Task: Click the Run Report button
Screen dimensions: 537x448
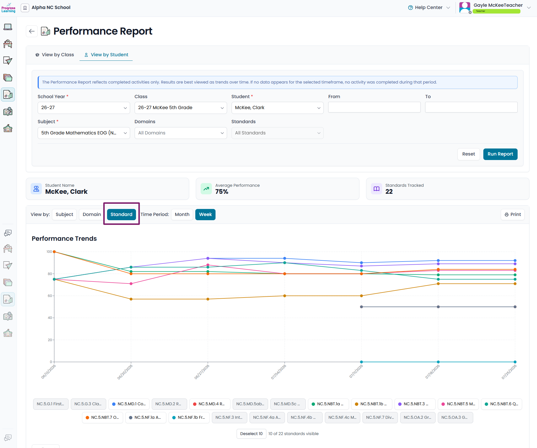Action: click(x=500, y=154)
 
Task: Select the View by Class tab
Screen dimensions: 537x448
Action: click(x=55, y=55)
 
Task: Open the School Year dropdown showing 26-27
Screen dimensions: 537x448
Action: click(x=84, y=108)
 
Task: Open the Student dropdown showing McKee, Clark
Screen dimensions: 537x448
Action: click(x=277, y=108)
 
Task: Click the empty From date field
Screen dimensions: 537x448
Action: click(x=374, y=107)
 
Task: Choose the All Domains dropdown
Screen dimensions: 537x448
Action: click(x=181, y=133)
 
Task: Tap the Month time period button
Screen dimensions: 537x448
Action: click(x=182, y=215)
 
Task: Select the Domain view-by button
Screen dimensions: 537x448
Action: click(x=92, y=215)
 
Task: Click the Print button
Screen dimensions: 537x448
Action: click(x=513, y=215)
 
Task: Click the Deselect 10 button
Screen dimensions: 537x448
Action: click(x=251, y=434)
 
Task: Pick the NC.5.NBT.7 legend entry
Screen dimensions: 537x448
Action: click(x=102, y=418)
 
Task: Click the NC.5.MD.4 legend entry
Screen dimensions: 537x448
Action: click(x=210, y=404)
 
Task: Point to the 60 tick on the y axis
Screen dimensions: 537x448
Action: click(x=50, y=296)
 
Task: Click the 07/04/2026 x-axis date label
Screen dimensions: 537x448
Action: click(x=278, y=372)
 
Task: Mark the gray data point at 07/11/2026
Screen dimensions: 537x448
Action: click(x=361, y=307)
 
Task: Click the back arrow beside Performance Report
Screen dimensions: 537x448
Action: click(x=32, y=31)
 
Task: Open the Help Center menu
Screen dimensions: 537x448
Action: click(x=429, y=8)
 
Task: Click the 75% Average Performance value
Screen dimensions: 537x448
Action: click(x=222, y=192)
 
